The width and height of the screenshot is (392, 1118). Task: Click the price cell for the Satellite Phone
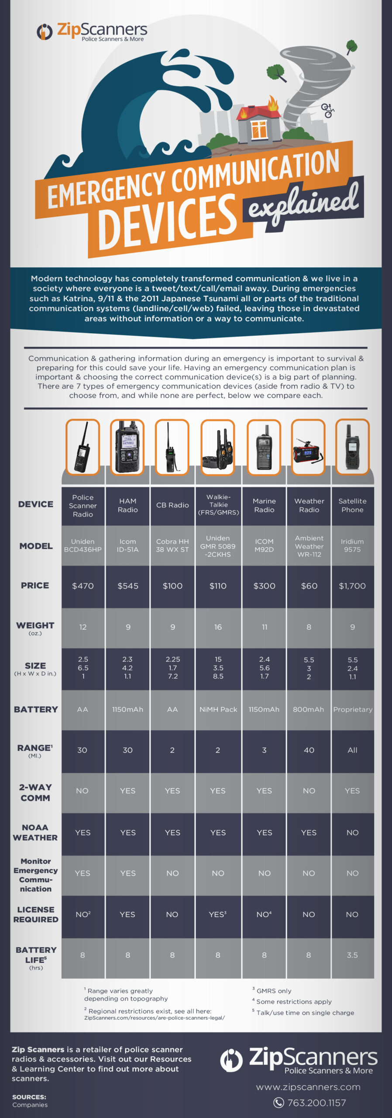coord(352,586)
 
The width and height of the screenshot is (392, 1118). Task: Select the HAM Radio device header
coord(128,505)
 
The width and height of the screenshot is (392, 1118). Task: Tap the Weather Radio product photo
coord(308,447)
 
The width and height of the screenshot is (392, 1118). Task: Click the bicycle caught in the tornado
coord(327,110)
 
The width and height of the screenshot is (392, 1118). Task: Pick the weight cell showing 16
coord(218,627)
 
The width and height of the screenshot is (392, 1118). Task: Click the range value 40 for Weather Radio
coord(309,750)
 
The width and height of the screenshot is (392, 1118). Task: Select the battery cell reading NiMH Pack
coord(218,709)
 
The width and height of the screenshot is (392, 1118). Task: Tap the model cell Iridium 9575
coord(352,545)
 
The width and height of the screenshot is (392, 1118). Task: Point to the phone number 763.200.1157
coord(316,1103)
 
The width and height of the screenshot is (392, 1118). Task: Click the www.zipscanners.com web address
coord(308,1087)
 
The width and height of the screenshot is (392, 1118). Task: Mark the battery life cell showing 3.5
coord(352,955)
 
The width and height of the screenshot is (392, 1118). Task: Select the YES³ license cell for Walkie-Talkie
coord(218,914)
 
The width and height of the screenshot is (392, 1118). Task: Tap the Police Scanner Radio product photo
coord(83,447)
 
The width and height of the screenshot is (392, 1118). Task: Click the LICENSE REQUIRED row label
coord(36,914)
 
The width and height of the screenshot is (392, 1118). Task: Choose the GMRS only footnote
coord(272,991)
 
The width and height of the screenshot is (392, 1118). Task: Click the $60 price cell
coord(309,586)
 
